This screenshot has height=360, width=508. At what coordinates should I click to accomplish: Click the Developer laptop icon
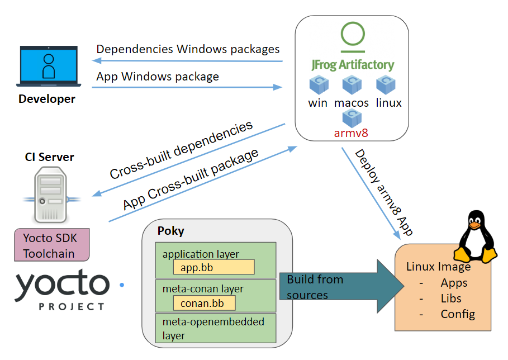(49, 66)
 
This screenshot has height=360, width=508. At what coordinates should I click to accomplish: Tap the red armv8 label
(351, 133)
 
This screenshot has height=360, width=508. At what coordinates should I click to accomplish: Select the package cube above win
(319, 84)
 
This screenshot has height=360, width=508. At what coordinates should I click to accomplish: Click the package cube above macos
(352, 84)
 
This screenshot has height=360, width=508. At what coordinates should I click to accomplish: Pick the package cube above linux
(386, 84)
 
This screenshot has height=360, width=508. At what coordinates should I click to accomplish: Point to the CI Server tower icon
(50, 195)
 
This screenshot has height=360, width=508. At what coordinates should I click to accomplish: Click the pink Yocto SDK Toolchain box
(52, 245)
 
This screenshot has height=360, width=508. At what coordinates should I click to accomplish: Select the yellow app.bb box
(214, 267)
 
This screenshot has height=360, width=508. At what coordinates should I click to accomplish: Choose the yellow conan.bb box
(205, 304)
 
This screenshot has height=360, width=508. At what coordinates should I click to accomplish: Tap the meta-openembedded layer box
(216, 328)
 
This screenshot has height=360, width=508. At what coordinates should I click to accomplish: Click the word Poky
(171, 231)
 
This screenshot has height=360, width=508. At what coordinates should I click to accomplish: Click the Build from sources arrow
(342, 286)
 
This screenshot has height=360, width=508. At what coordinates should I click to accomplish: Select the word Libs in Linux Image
(451, 299)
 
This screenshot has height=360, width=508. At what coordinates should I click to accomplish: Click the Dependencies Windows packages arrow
(187, 60)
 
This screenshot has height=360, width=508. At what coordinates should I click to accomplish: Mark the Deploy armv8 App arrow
(371, 194)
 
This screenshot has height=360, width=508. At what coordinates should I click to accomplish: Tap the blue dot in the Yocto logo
(122, 285)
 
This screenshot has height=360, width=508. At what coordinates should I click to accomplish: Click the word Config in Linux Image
(458, 314)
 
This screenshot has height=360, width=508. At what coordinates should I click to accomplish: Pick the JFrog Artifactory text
(353, 65)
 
